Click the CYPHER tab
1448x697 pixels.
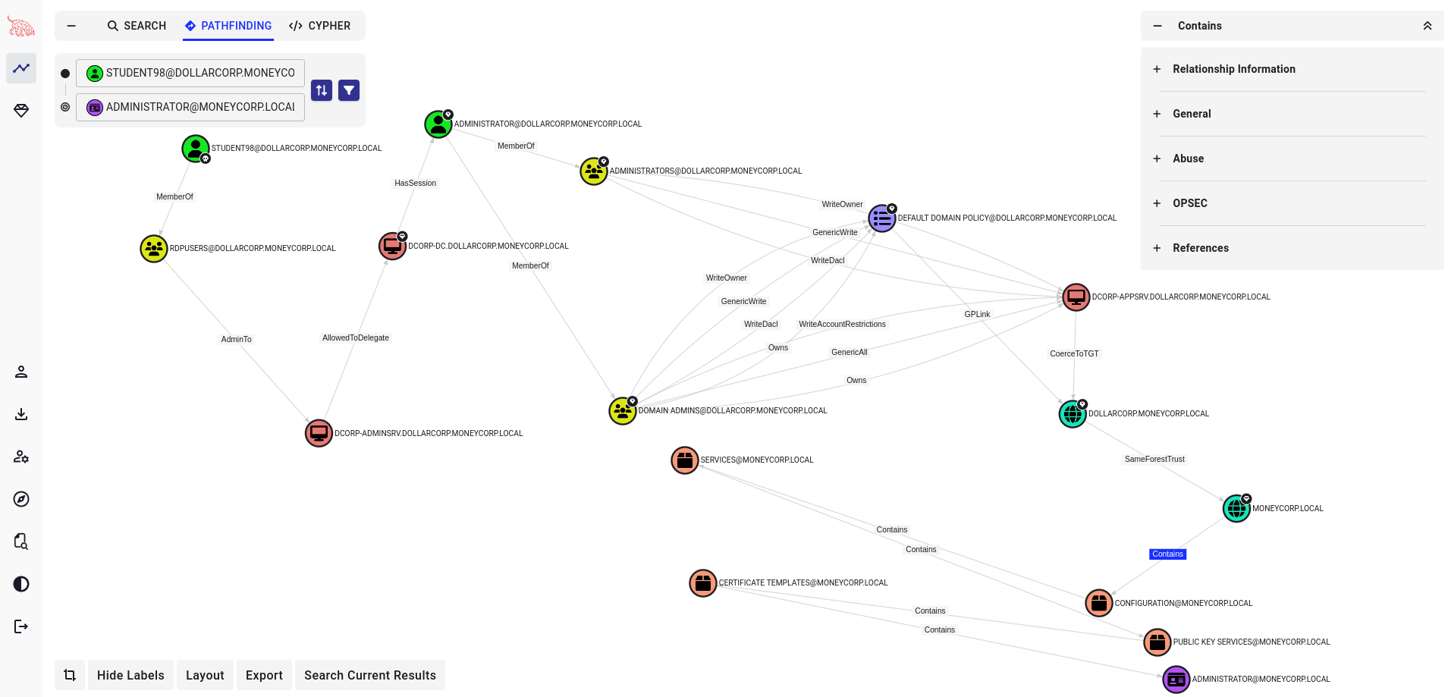coord(319,26)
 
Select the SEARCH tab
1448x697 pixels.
coord(137,26)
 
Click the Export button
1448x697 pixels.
coord(264,675)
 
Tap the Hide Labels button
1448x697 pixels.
coord(130,675)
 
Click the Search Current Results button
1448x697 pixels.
coord(369,675)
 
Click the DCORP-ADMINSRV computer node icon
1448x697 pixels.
coord(319,433)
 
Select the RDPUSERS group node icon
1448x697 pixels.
coord(154,248)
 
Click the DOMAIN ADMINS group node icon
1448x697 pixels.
coord(622,411)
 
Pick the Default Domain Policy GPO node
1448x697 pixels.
coord(882,218)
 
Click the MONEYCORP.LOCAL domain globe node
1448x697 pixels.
coord(1236,508)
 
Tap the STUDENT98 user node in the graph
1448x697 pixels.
coord(196,148)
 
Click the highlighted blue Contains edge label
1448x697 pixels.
coord(1167,554)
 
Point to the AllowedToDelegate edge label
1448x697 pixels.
coord(356,338)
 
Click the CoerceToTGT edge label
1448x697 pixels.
coord(1074,354)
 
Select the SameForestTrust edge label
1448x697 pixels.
coord(1154,460)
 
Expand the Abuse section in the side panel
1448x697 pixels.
coord(1188,159)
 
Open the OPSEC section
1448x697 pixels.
coord(1189,203)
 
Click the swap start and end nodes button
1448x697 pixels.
coord(322,90)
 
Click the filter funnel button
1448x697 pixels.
coord(349,90)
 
